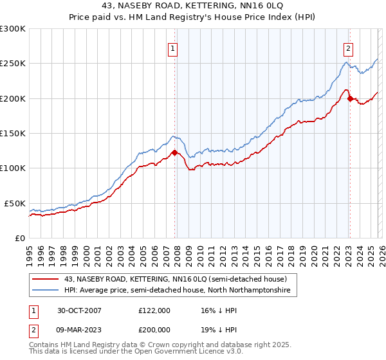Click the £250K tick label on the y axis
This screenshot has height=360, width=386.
[13, 64]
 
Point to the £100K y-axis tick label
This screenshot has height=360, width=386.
[13, 168]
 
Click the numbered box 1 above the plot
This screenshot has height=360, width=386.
[174, 48]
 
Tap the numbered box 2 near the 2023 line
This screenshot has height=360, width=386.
[348, 48]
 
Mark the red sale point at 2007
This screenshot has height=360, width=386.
[174, 152]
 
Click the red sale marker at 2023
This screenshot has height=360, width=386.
[349, 98]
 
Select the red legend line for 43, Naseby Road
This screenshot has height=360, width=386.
[46, 279]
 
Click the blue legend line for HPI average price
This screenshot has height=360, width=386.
[46, 291]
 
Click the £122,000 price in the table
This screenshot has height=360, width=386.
[154, 310]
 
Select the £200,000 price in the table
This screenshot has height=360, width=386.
[154, 332]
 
